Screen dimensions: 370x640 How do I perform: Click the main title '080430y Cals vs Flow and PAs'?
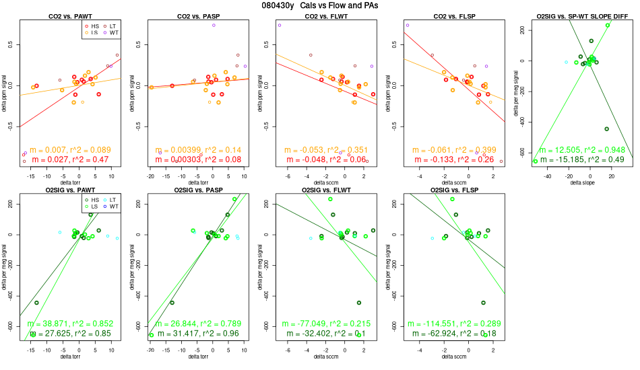[319, 6]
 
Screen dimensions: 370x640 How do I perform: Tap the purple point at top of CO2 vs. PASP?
[214, 25]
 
